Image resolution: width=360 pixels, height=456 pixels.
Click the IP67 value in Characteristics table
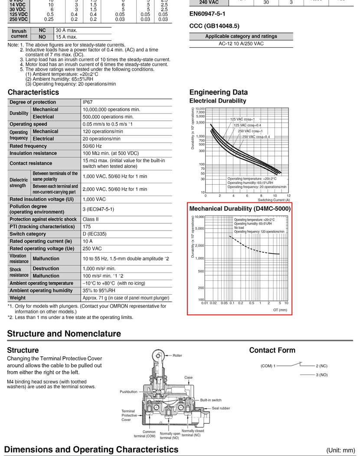coord(88,102)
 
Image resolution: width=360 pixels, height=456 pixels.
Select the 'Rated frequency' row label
coord(28,146)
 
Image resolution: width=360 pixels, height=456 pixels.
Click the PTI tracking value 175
coord(87,227)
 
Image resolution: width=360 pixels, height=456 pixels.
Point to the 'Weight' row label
coord(18,298)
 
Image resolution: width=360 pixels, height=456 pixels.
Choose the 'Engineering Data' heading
coord(219,92)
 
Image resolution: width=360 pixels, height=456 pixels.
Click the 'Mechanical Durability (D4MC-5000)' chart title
coord(240,209)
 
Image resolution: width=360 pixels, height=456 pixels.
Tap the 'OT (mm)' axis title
coord(280,310)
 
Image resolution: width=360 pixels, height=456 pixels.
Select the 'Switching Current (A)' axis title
coord(274,200)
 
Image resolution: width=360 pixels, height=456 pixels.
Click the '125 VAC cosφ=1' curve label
coord(242,119)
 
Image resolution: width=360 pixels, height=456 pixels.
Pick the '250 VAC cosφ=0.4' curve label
coord(256,137)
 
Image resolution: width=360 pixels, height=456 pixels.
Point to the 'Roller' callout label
coord(177,355)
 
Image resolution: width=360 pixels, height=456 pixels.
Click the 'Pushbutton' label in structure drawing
coord(128,391)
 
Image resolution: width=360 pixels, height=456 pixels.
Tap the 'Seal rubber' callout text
coord(221,408)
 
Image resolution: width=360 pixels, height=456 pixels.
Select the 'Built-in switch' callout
coord(211,400)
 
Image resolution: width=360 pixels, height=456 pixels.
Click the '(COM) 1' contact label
coord(268,366)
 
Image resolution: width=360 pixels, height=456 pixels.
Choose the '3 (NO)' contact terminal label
coord(321,375)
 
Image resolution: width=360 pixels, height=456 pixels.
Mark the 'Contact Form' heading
coord(272,350)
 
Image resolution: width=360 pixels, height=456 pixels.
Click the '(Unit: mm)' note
coord(340,450)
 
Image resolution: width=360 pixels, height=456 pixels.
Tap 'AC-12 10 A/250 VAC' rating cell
coord(241,44)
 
